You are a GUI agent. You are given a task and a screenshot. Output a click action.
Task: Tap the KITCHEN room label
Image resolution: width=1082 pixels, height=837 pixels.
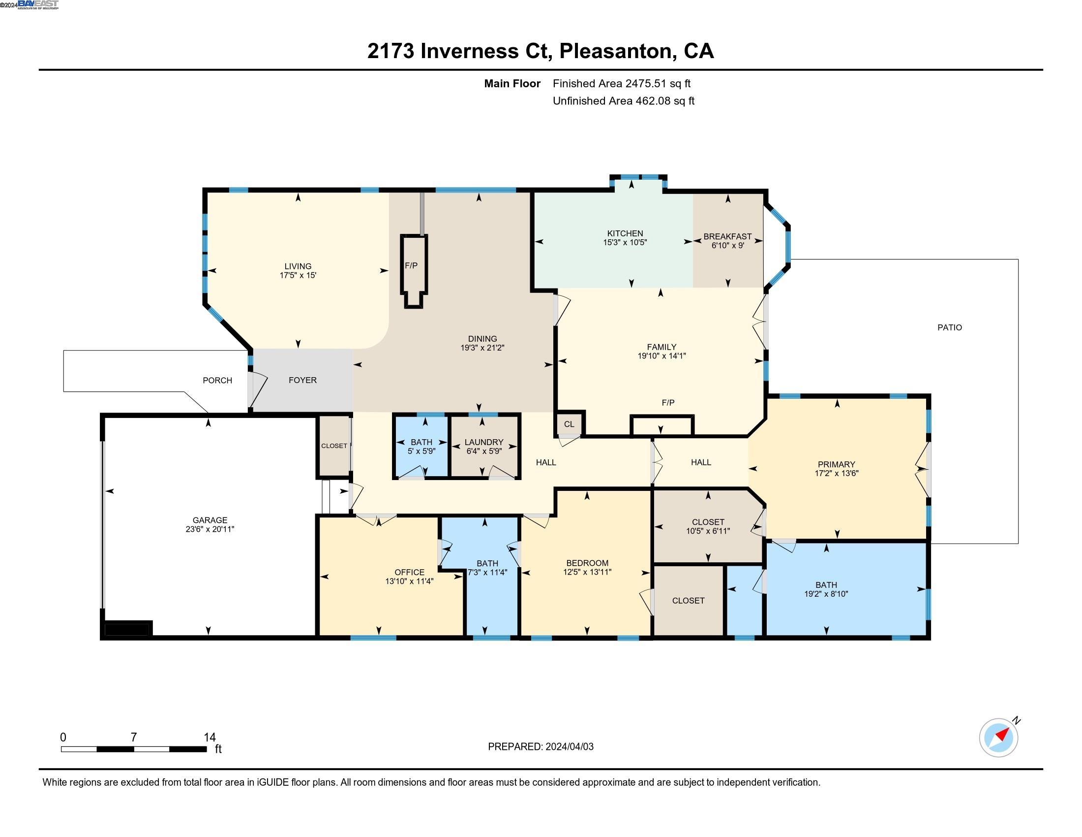click(625, 233)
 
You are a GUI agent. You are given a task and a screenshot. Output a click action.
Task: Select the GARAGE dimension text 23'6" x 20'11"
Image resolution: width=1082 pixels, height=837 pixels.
click(210, 529)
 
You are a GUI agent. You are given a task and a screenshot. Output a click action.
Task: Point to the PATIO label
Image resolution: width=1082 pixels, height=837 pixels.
click(950, 327)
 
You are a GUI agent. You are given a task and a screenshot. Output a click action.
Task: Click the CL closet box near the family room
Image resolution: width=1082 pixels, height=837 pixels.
click(569, 424)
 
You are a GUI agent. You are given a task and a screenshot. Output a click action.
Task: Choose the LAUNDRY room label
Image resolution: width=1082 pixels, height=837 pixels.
click(484, 442)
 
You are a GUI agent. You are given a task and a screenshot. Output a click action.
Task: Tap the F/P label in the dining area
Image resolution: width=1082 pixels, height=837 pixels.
click(411, 266)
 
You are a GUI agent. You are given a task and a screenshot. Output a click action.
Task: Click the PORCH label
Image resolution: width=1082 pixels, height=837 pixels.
click(217, 380)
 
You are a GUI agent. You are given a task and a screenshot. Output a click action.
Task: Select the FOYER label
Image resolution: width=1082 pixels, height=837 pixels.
click(302, 380)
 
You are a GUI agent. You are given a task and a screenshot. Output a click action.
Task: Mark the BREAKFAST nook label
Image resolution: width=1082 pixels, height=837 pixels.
click(728, 237)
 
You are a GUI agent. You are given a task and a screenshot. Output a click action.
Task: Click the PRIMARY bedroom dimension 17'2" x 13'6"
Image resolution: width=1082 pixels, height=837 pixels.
click(836, 474)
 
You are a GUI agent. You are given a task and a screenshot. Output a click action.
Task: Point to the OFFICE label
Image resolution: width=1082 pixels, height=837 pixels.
click(409, 572)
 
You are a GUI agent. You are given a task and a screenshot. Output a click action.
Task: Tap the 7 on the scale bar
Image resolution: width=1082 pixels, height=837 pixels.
click(134, 738)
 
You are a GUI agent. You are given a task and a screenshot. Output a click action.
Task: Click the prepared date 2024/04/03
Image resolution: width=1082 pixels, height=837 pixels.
click(569, 747)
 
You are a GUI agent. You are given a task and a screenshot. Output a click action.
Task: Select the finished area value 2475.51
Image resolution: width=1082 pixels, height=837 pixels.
click(646, 84)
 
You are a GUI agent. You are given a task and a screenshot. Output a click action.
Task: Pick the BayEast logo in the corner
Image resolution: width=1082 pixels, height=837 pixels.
click(38, 4)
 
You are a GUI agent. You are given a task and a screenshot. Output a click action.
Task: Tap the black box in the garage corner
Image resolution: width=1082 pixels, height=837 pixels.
click(127, 629)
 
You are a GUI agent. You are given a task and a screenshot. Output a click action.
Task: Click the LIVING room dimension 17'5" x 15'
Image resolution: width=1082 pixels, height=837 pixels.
click(298, 275)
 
